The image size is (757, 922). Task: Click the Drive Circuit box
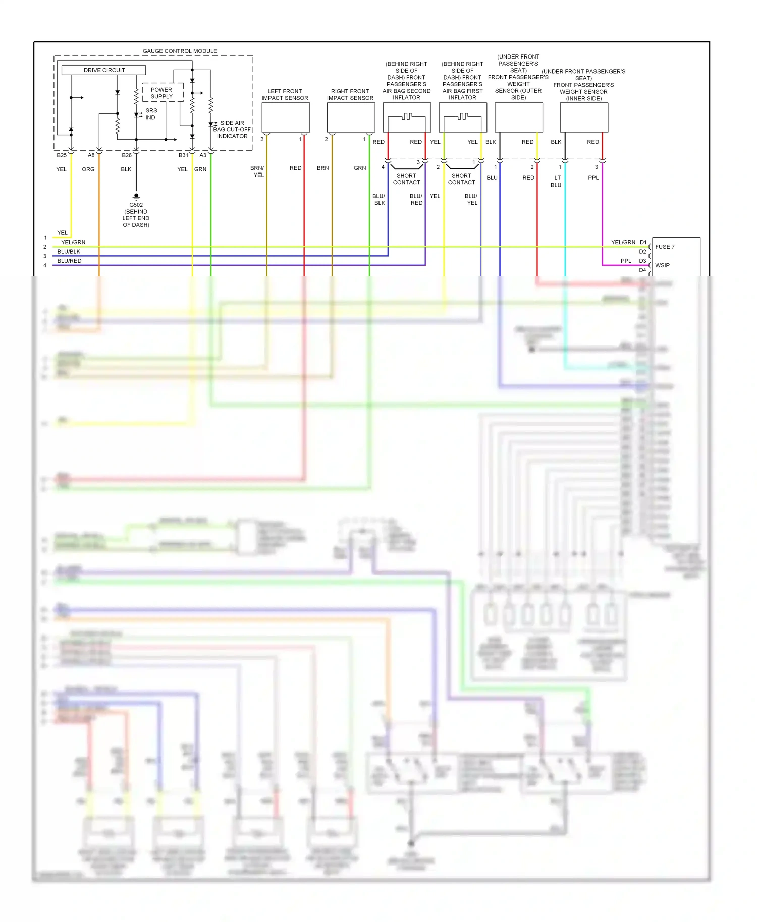point(103,70)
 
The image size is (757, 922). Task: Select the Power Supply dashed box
point(161,93)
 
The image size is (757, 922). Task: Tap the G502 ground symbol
point(136,196)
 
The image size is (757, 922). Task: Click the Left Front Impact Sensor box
point(286,118)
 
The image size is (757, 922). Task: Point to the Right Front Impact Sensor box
point(351,118)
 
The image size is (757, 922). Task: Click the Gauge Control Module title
point(180,51)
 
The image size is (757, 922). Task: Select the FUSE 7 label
point(665,247)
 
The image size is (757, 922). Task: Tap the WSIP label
point(662,265)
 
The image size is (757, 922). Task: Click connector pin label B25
point(62,155)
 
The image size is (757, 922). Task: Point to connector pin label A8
point(91,155)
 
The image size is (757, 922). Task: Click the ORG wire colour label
point(88,169)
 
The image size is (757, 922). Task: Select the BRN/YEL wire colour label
point(257,171)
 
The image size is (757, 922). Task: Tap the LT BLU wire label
point(556,181)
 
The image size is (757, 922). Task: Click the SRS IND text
point(151,114)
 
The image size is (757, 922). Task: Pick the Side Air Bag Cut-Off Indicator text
point(232,130)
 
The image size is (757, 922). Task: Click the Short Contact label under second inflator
point(406,179)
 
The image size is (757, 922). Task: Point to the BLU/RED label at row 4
point(69,261)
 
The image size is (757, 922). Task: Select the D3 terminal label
point(642,261)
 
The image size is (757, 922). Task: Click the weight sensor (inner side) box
point(584,118)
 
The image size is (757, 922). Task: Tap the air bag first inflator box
point(463,118)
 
